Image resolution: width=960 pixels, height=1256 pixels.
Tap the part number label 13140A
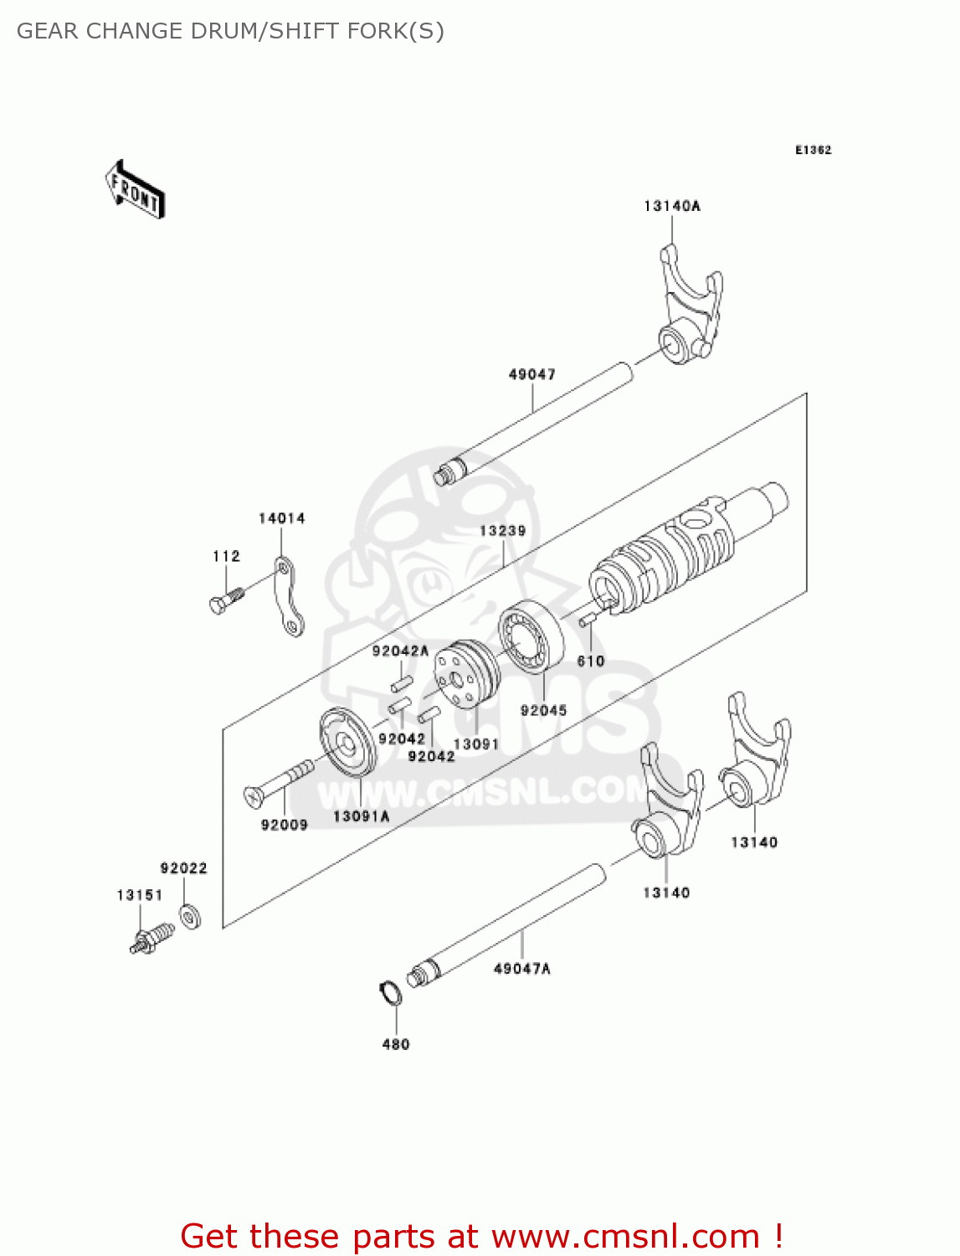click(671, 206)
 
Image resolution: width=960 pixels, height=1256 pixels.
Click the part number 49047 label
click(531, 374)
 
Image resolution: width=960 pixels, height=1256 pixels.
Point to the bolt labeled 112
click(226, 600)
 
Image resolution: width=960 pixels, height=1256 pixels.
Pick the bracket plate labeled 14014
click(287, 596)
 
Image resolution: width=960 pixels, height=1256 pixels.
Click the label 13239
click(502, 531)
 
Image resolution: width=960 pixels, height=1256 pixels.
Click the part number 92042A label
click(400, 651)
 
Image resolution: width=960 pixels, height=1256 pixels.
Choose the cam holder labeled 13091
click(465, 675)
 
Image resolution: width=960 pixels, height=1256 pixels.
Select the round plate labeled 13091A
click(348, 743)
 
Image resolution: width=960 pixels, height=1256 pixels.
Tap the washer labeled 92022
click(190, 916)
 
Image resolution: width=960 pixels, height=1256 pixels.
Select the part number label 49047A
click(521, 969)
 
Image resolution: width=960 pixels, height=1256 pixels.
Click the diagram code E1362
click(813, 150)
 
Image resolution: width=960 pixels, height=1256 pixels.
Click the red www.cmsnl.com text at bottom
click(625, 1236)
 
